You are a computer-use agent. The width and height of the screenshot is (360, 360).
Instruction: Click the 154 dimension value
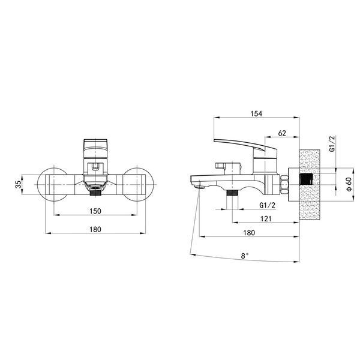(x=256, y=113)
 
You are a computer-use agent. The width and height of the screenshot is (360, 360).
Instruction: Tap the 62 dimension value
(x=282, y=133)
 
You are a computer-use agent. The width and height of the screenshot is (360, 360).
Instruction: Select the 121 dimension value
(x=266, y=219)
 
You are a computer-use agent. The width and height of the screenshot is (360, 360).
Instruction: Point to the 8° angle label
(x=245, y=256)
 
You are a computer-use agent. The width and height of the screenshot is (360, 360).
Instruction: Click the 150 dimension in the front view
(x=95, y=211)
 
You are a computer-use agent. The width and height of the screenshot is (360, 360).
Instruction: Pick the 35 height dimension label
(x=19, y=184)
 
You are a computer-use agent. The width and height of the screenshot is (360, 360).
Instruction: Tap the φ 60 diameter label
(x=349, y=184)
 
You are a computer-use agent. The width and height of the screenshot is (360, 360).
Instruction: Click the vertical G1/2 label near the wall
(x=332, y=144)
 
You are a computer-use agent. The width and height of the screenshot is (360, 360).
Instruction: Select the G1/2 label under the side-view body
(x=267, y=205)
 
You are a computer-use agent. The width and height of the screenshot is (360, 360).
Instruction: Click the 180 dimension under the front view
(x=95, y=229)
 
